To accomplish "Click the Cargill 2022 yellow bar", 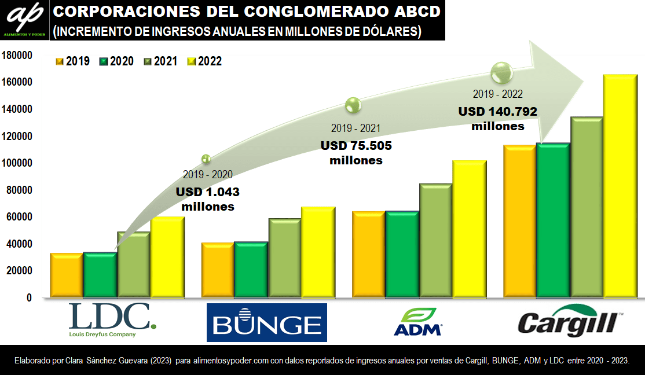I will [620, 185].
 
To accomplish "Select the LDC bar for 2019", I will [66, 275].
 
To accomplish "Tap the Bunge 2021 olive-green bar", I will [284, 258].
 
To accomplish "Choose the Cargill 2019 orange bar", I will [519, 220].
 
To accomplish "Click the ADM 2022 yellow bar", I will [470, 229].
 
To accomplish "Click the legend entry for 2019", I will [72, 61].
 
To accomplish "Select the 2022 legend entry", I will [204, 61].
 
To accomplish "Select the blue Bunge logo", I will [266, 322].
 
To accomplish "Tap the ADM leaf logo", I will [417, 322].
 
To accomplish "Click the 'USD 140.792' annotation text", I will [498, 112].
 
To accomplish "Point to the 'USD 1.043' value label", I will [207, 192].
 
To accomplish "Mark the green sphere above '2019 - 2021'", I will [353, 105].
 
